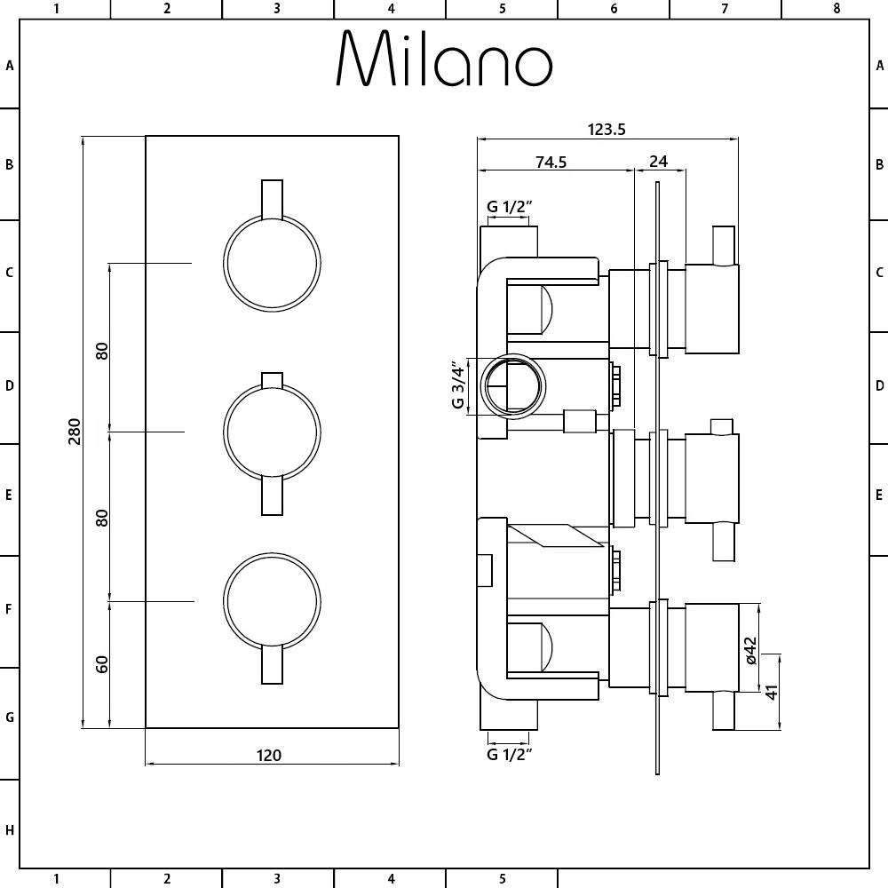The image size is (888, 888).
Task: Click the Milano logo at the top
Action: click(x=444, y=59)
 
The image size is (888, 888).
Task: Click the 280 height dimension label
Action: click(x=75, y=432)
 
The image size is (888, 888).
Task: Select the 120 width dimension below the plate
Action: click(x=269, y=756)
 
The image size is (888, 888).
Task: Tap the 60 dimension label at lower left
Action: click(x=102, y=663)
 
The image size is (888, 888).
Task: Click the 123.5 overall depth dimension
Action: click(x=607, y=129)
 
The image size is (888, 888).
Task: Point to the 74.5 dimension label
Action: click(x=551, y=162)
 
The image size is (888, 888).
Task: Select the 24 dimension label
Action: click(x=659, y=162)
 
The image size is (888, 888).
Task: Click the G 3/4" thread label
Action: click(x=458, y=385)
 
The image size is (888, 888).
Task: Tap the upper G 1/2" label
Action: click(x=509, y=207)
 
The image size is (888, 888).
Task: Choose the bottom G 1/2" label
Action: click(x=509, y=755)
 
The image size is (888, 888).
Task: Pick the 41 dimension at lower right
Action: click(x=772, y=690)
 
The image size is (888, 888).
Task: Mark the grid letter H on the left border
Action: click(x=10, y=830)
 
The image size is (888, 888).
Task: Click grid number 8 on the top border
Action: click(x=836, y=9)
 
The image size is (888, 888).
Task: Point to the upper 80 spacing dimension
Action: click(x=102, y=350)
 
